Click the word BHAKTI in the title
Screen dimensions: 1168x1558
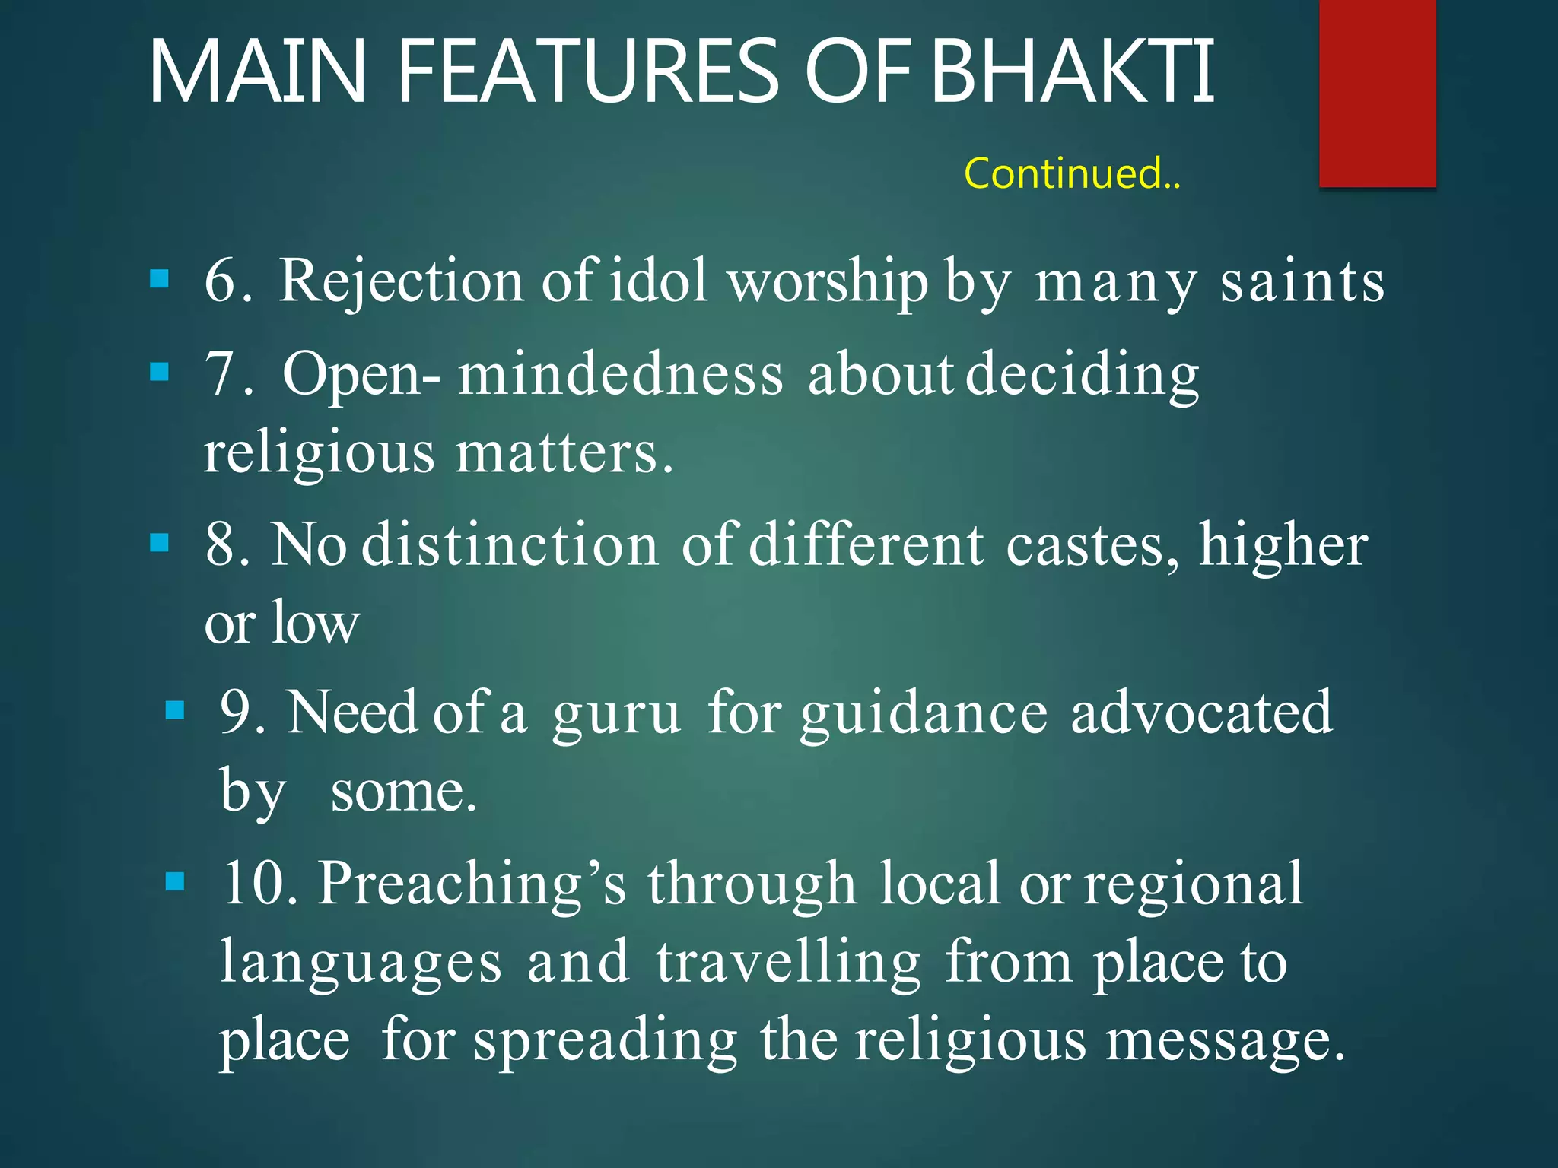click(1073, 72)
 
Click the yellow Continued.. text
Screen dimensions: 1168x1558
click(1072, 173)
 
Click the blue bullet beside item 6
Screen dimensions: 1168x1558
click(159, 279)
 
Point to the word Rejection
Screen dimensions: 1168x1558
click(402, 281)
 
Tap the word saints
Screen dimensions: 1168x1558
click(1302, 281)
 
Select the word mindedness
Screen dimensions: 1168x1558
click(620, 374)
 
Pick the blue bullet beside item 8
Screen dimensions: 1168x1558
click(159, 543)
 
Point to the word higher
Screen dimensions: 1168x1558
click(1283, 546)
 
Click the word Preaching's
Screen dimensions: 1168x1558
click(472, 884)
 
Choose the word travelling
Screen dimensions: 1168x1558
click(788, 963)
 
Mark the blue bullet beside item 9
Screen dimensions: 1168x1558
click(175, 710)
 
